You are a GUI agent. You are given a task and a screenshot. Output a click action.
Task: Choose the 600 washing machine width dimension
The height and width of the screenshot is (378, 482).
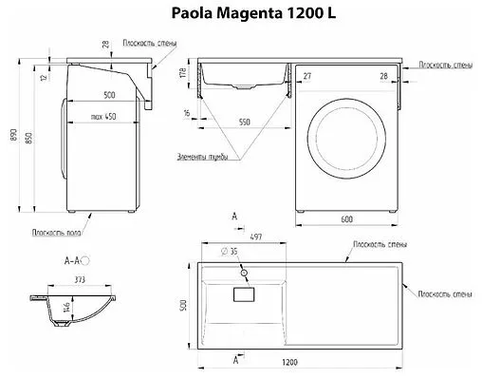(348, 219)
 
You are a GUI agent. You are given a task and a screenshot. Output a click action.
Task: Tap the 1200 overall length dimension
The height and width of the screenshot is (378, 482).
(303, 363)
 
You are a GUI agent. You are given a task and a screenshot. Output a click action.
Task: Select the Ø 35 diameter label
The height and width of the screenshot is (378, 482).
(232, 253)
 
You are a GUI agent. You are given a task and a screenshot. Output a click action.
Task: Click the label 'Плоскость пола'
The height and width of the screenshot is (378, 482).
(53, 230)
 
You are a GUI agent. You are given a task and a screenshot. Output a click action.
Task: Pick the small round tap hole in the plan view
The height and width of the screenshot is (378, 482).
(245, 274)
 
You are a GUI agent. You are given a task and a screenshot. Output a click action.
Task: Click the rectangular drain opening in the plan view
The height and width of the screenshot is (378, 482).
(245, 295)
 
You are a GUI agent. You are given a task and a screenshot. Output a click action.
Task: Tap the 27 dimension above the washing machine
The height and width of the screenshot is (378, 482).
(306, 74)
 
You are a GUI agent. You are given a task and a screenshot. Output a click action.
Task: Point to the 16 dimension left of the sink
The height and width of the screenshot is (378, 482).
(187, 112)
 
